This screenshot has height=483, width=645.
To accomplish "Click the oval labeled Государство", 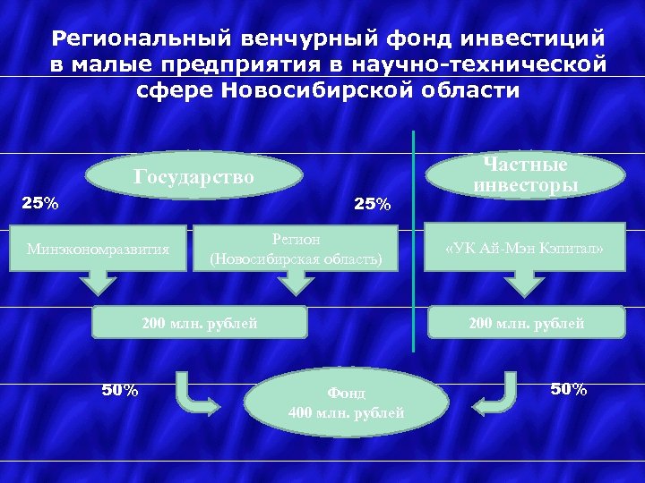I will [x=193, y=177].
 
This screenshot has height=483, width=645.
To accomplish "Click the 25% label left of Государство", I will [x=40, y=203].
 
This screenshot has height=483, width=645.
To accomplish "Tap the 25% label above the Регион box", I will [x=372, y=205].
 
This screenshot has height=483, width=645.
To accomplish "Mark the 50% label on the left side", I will [x=119, y=389].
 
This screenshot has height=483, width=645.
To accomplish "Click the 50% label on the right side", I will [x=568, y=389].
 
